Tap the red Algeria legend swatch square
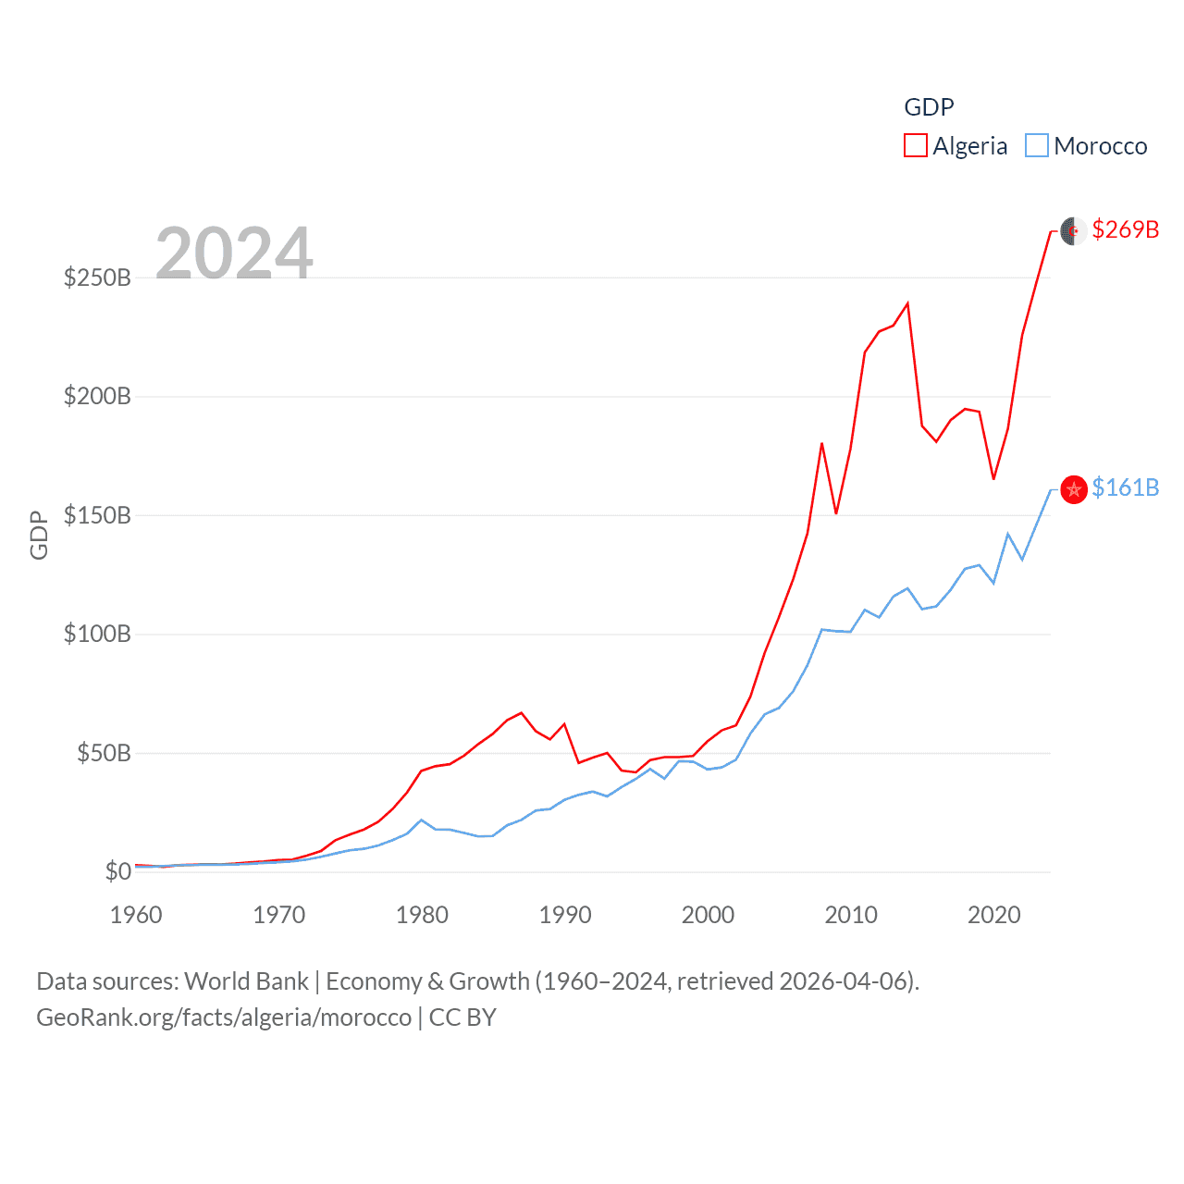pos(916,146)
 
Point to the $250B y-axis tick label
pos(97,277)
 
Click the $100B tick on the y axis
pos(97,635)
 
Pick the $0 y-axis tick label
pos(117,871)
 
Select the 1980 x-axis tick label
pos(422,915)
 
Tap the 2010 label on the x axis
pos(850,915)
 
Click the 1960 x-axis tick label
pos(136,915)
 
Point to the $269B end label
pos(1125,229)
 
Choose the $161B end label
pos(1125,487)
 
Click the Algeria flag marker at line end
pos(1073,230)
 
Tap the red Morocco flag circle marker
pos(1073,489)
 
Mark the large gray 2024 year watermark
pos(234,253)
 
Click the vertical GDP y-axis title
pos(39,535)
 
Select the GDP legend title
pos(929,107)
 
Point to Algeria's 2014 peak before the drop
pos(907,303)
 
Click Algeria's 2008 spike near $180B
pos(821,444)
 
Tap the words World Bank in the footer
pos(246,981)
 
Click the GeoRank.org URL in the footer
pos(224,1017)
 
